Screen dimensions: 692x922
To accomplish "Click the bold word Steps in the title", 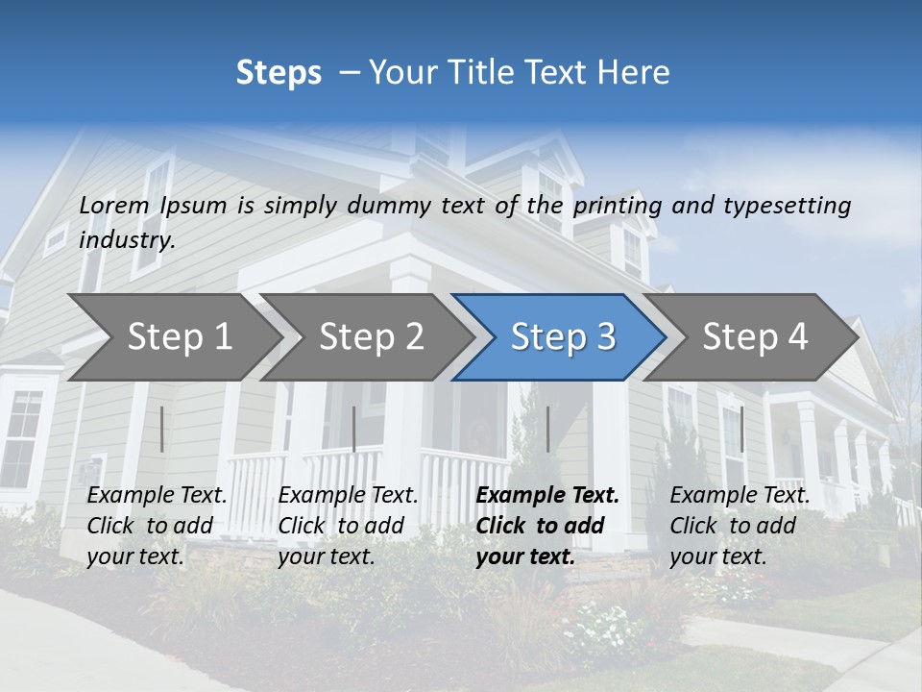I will (279, 73).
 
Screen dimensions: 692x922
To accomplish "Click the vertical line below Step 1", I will (162, 429).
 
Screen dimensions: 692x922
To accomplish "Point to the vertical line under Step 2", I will (354, 429).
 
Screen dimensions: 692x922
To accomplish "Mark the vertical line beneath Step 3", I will (547, 429).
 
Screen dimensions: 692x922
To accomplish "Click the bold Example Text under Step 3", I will (547, 496).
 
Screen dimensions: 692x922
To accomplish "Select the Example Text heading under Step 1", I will (157, 496).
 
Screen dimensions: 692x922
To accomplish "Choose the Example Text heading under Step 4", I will (740, 496).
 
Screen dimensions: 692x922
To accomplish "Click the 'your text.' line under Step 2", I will (326, 556).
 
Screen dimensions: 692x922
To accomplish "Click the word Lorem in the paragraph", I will (114, 206).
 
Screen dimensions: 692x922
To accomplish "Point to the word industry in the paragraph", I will (126, 240).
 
